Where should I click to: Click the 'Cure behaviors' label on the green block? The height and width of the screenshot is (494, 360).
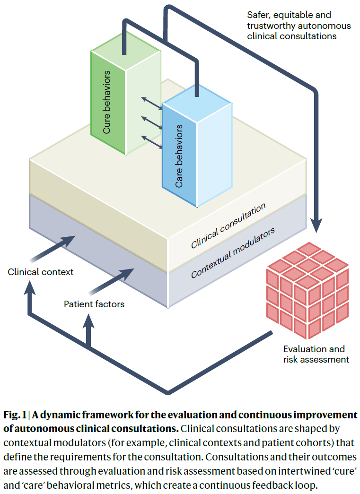tap(107, 102)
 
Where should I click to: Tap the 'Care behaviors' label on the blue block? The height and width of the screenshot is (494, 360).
tap(179, 156)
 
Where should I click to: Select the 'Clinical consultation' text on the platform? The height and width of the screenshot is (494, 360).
tap(228, 225)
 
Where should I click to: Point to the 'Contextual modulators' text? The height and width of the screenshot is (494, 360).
tap(233, 252)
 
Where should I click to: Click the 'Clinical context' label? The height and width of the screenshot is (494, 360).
tap(40, 272)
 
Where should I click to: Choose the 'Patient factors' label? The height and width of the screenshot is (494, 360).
tap(94, 304)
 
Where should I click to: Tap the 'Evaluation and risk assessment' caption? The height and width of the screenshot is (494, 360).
tap(316, 354)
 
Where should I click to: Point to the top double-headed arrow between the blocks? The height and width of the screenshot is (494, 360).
tap(152, 104)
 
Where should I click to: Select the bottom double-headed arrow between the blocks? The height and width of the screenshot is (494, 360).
tap(152, 142)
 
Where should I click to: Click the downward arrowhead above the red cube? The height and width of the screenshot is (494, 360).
tap(316, 226)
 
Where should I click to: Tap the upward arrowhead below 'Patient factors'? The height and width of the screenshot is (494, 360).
tap(88, 321)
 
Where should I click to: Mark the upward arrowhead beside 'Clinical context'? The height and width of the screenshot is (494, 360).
tap(30, 287)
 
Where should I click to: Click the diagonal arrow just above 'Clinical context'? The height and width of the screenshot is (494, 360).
tap(53, 249)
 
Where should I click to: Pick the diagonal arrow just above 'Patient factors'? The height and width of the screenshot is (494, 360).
tap(111, 281)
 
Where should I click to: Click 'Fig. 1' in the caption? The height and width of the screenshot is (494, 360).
tap(15, 415)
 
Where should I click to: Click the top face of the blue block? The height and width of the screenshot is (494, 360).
tap(197, 104)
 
